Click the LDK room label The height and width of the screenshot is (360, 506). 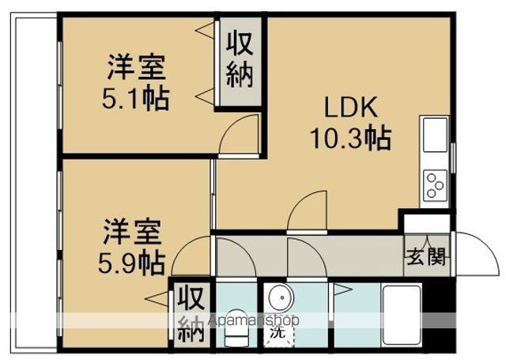tap(351, 108)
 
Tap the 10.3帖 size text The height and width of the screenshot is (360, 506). tap(351, 138)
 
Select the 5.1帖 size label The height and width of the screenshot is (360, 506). tap(135, 98)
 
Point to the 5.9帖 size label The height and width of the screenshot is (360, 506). tap(132, 263)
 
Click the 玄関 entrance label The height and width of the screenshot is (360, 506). tap(426, 256)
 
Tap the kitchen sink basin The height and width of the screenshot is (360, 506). tap(435, 135)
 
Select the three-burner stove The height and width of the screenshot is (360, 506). tap(435, 185)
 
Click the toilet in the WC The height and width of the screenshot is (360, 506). tap(236, 328)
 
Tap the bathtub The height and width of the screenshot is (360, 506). tap(402, 316)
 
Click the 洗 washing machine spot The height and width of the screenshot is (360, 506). tap(278, 332)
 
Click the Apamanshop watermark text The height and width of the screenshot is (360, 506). tap(254, 320)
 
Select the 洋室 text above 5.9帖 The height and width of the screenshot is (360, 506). tap(132, 232)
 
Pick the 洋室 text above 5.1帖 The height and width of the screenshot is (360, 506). tap(137, 67)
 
